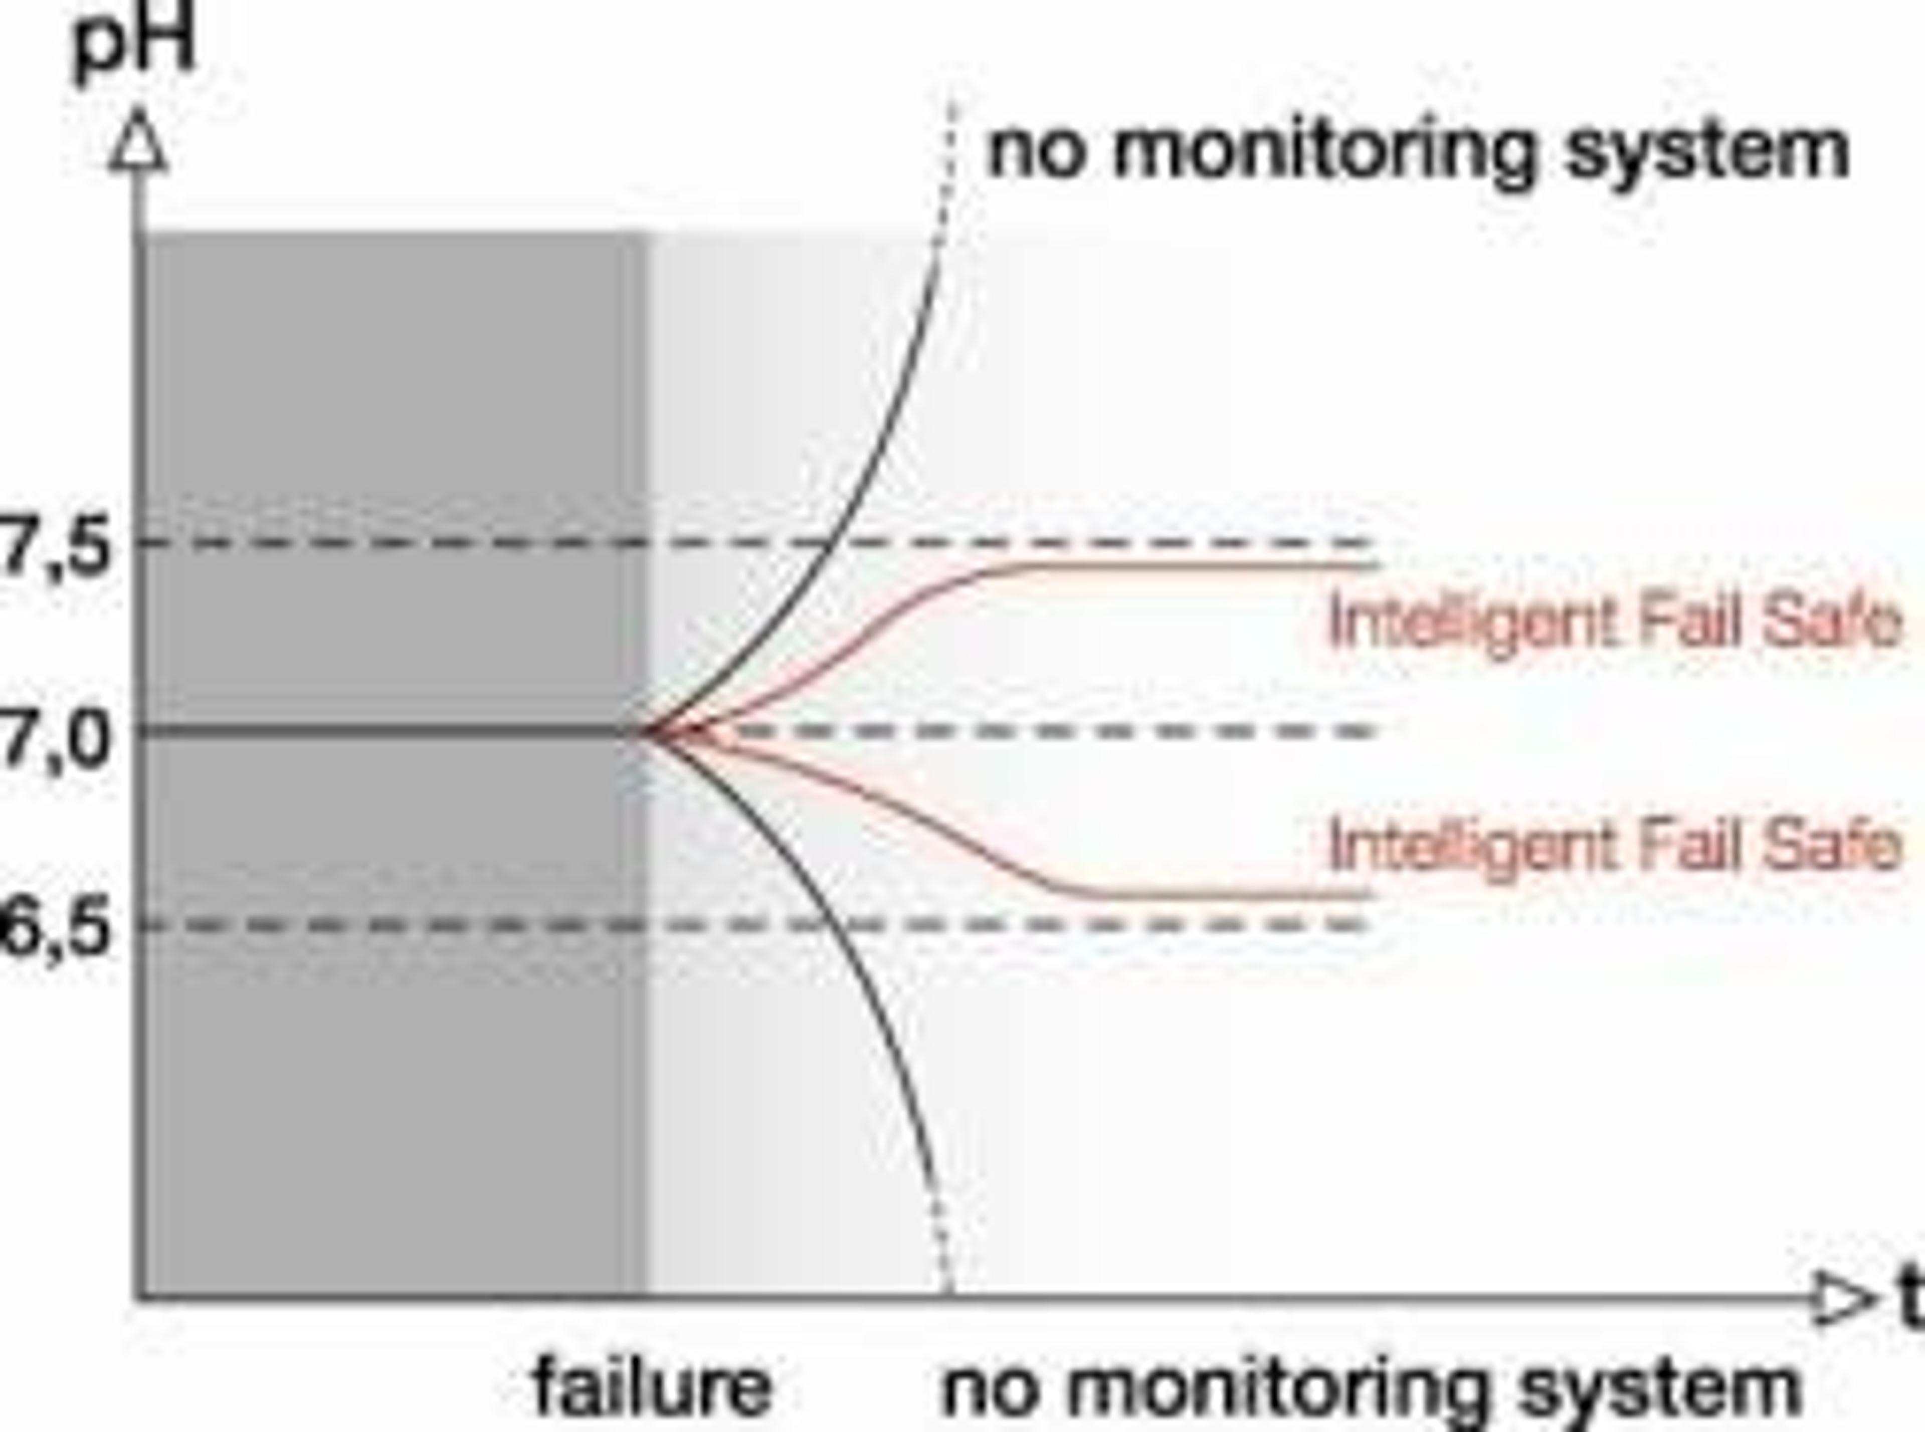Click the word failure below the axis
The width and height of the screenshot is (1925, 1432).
[x=652, y=1385]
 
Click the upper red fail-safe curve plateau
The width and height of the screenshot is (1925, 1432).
[x=1196, y=566]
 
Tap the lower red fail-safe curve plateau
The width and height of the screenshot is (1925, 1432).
[x=1214, y=895]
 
